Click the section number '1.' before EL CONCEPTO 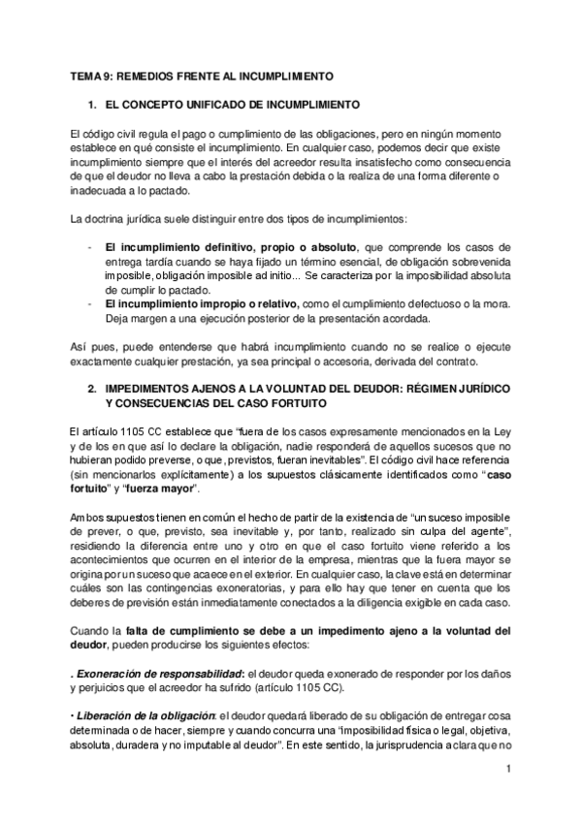click(92, 103)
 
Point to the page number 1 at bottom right click(507, 769)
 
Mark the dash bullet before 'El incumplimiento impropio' click(90, 303)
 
